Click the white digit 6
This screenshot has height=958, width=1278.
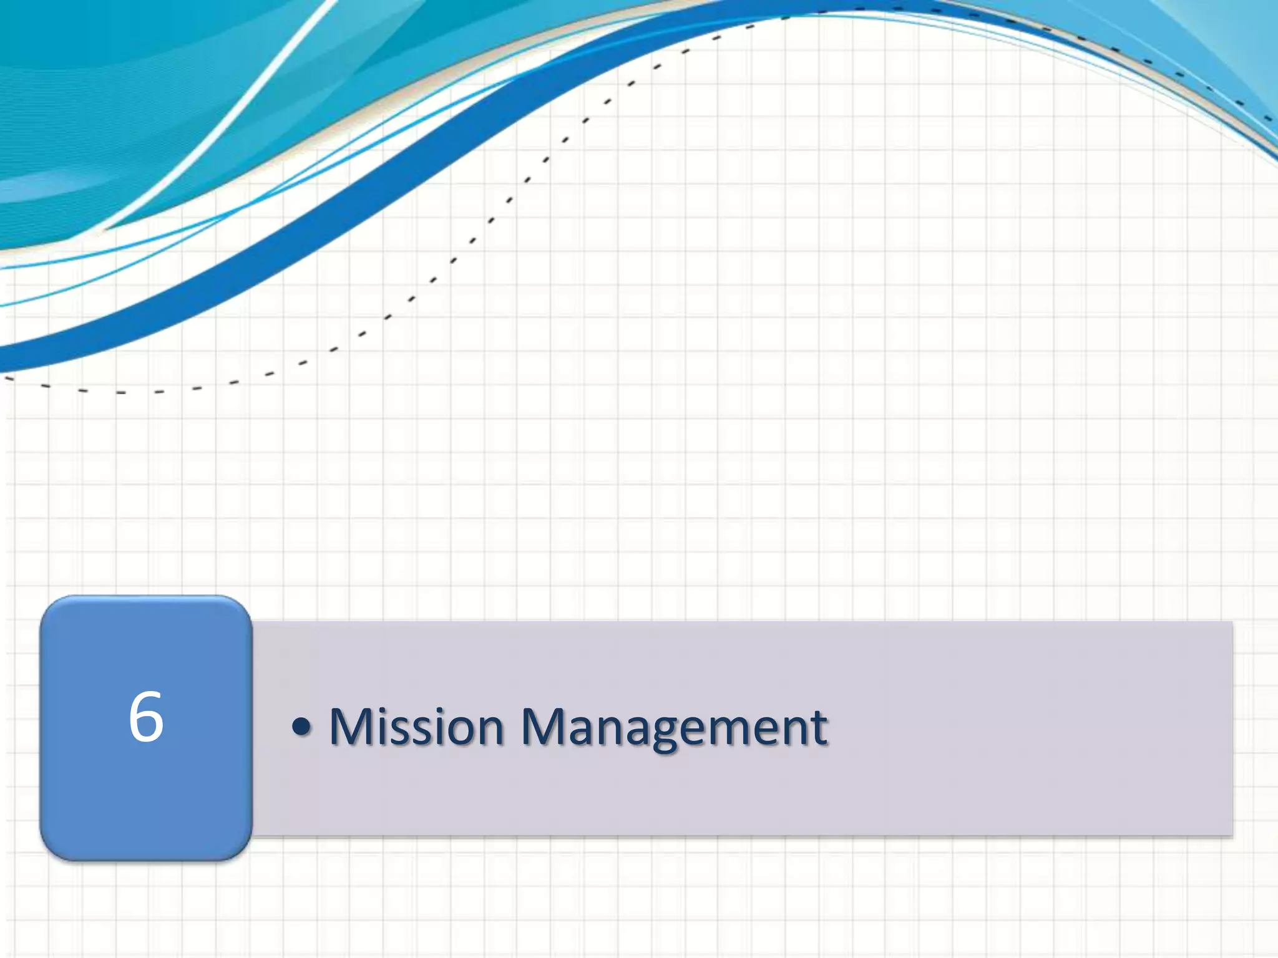click(146, 717)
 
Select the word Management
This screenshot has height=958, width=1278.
click(674, 728)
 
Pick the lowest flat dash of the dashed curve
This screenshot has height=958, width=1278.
click(121, 392)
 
